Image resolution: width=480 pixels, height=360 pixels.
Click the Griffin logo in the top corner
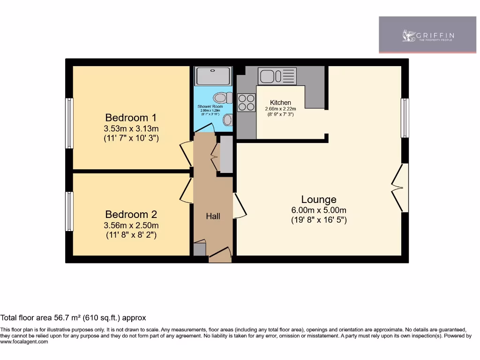tap(427, 35)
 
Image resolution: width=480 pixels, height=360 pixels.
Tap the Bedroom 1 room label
tap(131, 118)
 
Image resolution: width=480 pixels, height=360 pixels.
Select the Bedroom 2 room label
tap(131, 214)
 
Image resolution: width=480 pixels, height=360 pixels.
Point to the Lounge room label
tap(319, 199)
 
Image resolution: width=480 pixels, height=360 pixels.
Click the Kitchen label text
tap(280, 103)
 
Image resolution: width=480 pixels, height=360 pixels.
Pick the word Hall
tap(213, 216)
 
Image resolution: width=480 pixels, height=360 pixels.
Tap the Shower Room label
tap(210, 107)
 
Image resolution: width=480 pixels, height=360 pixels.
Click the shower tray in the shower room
tap(213, 76)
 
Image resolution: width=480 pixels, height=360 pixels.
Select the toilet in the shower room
tap(223, 98)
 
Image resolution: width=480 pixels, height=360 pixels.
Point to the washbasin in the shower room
tap(227, 120)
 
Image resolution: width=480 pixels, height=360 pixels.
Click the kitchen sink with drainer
tap(277, 76)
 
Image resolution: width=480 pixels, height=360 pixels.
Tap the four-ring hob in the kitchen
tap(247, 103)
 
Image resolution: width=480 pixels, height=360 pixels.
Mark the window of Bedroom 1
tap(69, 123)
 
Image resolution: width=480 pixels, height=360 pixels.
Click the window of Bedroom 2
tap(69, 211)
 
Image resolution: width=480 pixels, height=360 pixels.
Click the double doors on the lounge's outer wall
tap(402, 188)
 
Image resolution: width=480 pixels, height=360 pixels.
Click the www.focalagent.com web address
tap(24, 342)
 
